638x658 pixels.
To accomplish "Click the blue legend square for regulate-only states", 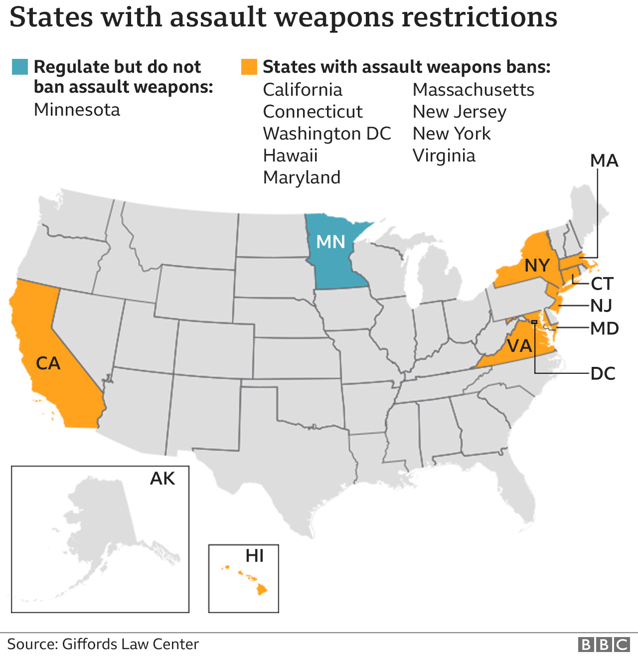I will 20,67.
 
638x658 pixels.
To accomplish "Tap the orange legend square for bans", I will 249,67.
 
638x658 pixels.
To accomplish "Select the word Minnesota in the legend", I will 77,110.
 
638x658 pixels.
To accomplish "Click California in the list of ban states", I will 303,90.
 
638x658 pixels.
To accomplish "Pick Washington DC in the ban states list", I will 327,134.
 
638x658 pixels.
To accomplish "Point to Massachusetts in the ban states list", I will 474,90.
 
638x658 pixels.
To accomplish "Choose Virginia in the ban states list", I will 444,156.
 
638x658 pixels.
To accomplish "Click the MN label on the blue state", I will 331,242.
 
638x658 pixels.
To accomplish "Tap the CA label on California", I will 48,363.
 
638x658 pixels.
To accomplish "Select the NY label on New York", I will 537,265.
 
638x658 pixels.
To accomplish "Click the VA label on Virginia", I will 519,345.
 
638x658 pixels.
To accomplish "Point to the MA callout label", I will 604,161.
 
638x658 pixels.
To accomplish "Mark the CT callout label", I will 602,284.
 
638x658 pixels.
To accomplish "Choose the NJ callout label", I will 601,306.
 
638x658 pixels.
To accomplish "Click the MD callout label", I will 605,329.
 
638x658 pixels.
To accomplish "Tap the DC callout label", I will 603,373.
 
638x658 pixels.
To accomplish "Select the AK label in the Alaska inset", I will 162,479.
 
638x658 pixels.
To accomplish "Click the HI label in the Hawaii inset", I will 255,555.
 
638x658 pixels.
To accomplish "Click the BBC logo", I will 604,645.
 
